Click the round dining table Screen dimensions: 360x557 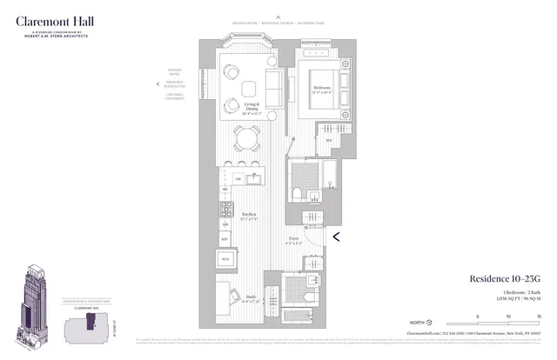click(x=248, y=138)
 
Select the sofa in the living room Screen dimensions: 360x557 click(x=272, y=90)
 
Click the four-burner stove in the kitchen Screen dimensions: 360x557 click(x=226, y=209)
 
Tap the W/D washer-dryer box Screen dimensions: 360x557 click(x=225, y=258)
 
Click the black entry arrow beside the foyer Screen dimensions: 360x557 click(x=337, y=232)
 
